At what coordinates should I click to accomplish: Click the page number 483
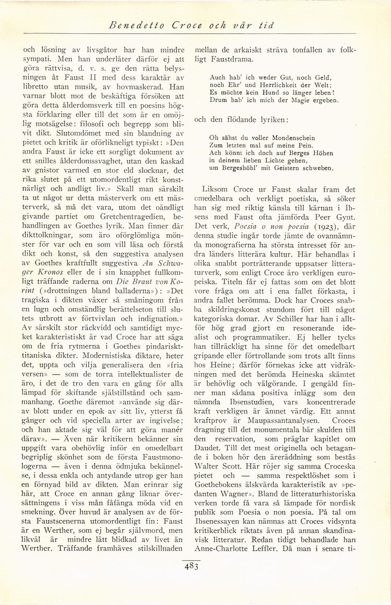(x=191, y=568)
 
